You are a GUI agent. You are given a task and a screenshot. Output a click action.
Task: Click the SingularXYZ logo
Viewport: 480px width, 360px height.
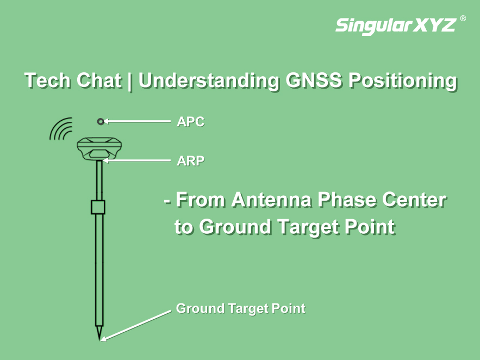[396, 25]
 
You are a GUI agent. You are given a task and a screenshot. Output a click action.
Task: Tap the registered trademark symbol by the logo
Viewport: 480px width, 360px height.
[463, 18]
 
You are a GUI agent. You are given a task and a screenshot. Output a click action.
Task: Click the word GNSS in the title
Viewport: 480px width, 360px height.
[314, 80]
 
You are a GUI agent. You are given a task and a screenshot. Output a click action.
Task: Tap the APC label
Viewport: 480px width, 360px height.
[191, 122]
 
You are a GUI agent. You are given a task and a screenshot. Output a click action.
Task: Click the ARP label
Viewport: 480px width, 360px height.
[191, 161]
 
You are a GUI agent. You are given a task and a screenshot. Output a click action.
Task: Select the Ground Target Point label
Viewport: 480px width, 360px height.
[241, 308]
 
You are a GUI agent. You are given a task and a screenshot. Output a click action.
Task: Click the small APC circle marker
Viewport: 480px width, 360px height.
[101, 121]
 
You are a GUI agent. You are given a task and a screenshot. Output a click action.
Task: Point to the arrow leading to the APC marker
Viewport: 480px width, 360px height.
[137, 121]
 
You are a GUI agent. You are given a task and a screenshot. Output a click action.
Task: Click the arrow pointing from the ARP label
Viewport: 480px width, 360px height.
[137, 160]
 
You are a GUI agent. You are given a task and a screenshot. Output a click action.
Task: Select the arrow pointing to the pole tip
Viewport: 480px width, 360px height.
[136, 326]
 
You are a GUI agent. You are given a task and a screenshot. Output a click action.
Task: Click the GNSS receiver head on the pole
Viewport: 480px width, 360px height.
[99, 149]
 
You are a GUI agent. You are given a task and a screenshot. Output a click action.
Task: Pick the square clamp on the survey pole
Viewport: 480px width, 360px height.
[98, 207]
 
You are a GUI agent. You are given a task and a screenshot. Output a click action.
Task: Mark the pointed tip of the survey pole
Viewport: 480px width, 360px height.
[99, 340]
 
